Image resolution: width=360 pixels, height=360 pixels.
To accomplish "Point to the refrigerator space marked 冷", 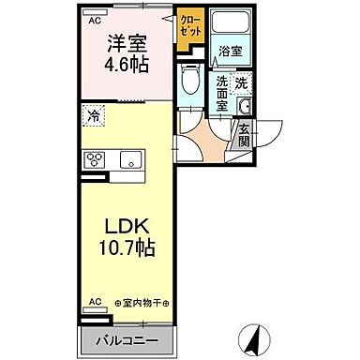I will [x=94, y=117].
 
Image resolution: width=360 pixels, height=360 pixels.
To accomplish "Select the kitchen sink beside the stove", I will [x=127, y=158].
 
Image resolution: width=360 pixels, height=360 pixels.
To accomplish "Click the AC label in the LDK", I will [x=94, y=302].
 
